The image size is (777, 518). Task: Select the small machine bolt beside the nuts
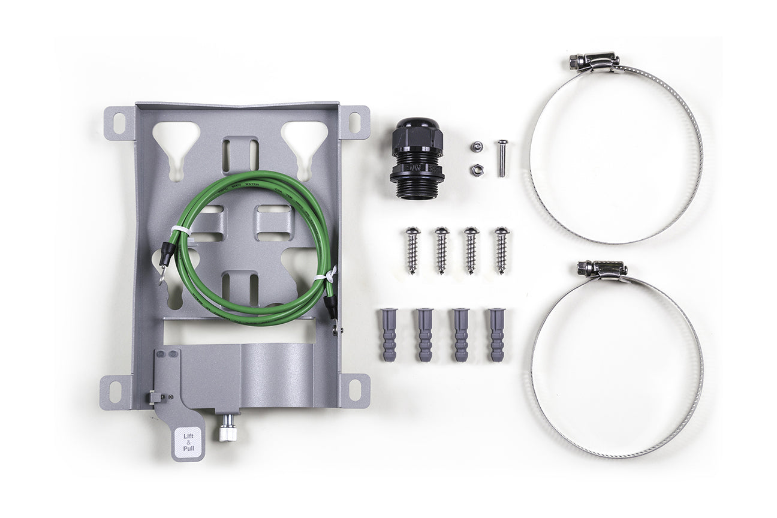coord(502,158)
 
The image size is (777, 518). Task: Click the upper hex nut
coord(477,146)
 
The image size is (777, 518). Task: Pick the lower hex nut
coord(477,170)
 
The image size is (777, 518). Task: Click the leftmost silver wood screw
coord(412,249)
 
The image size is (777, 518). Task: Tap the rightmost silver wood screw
coord(501,249)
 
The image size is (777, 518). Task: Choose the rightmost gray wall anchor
coord(496,334)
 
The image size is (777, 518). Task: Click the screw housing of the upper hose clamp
coord(594,61)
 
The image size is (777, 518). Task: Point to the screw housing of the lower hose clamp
coord(602,269)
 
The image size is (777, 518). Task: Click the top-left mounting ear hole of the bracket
coord(118,124)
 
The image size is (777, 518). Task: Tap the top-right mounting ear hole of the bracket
coord(355,122)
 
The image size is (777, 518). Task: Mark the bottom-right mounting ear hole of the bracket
coord(355,390)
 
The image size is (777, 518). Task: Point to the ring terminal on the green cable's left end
coord(163,273)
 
